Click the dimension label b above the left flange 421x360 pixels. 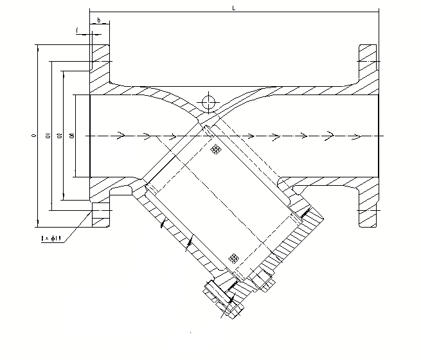[x=98, y=20]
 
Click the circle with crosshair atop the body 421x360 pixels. [x=208, y=102]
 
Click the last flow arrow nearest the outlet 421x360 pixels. [x=330, y=136]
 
